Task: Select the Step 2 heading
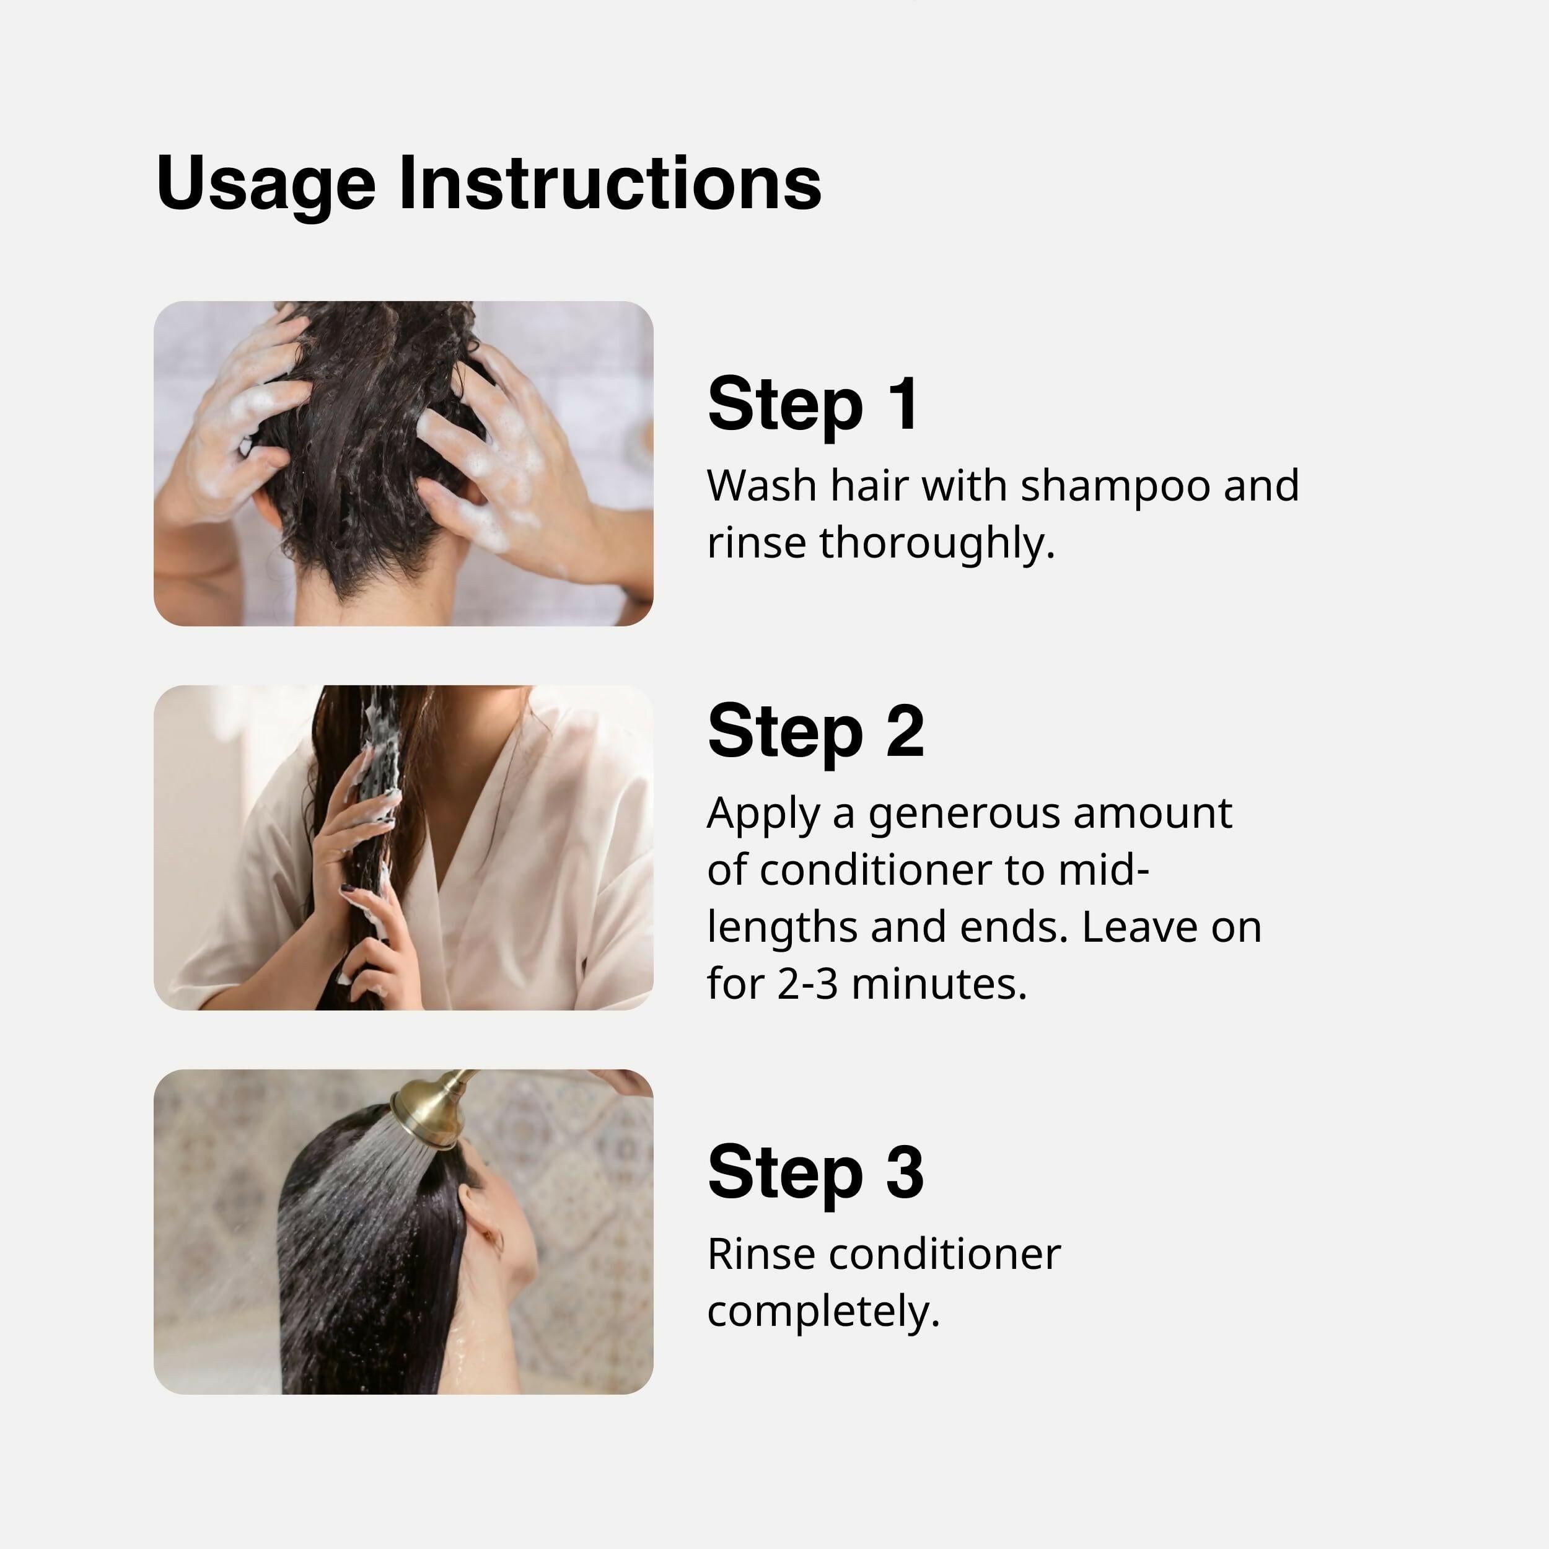point(815,731)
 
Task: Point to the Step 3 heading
point(815,1172)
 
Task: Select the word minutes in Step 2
point(938,984)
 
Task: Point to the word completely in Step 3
point(823,1312)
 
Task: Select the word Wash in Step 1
point(761,486)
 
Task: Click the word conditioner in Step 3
point(944,1255)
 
